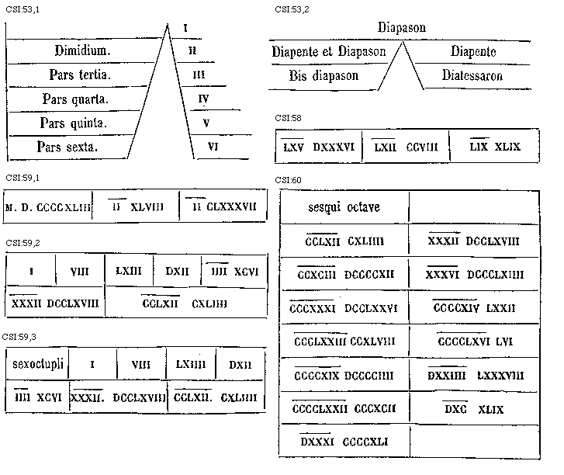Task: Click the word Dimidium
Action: (x=83, y=51)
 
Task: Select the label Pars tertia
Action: (x=80, y=75)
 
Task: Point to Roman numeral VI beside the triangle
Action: (x=212, y=146)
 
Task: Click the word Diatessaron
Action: (x=472, y=76)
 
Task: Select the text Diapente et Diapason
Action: (x=329, y=52)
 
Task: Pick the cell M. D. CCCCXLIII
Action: (x=48, y=207)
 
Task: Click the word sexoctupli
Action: (x=38, y=363)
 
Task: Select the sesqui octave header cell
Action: (x=344, y=208)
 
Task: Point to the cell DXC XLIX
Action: (x=473, y=410)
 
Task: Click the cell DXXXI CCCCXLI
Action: (x=344, y=442)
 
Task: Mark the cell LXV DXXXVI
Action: (x=318, y=147)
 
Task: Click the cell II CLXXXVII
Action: (x=224, y=207)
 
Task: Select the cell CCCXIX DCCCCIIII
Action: (x=344, y=376)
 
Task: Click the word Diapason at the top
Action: (x=402, y=28)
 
